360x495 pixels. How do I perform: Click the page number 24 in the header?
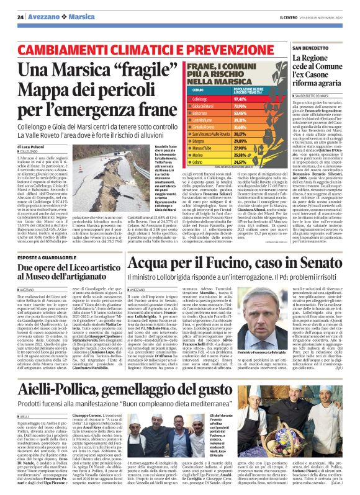(x=20, y=17)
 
